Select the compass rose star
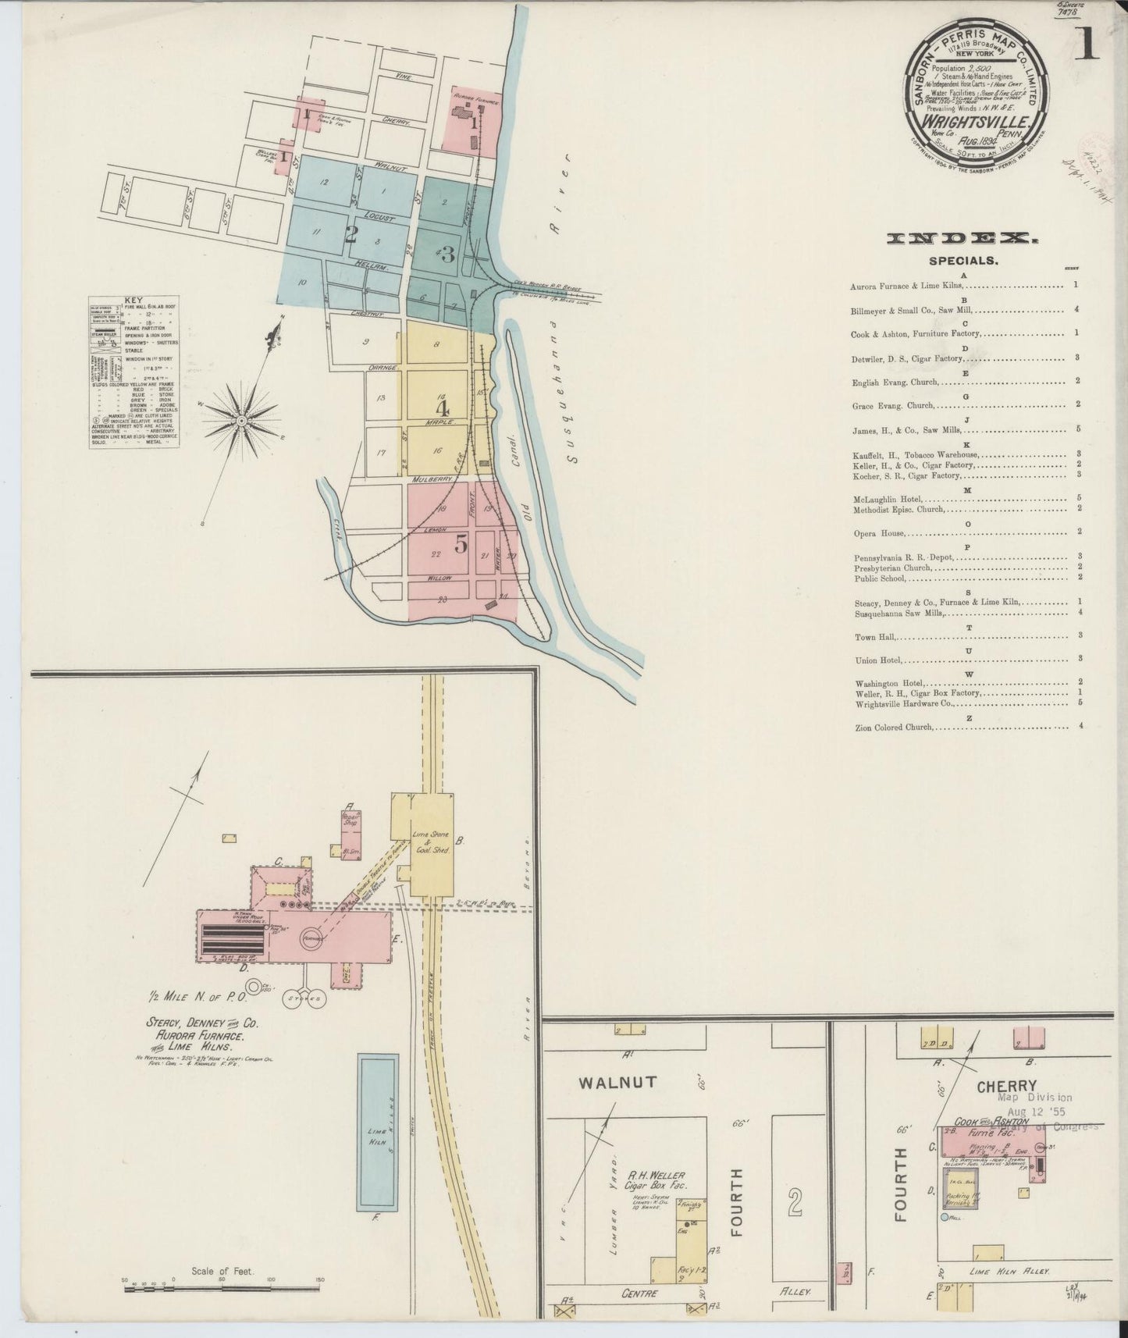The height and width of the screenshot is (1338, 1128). [x=242, y=421]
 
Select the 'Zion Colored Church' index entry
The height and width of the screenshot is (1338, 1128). [x=894, y=727]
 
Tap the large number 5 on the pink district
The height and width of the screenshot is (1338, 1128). [x=461, y=545]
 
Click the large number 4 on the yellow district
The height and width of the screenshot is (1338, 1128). [x=442, y=408]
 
